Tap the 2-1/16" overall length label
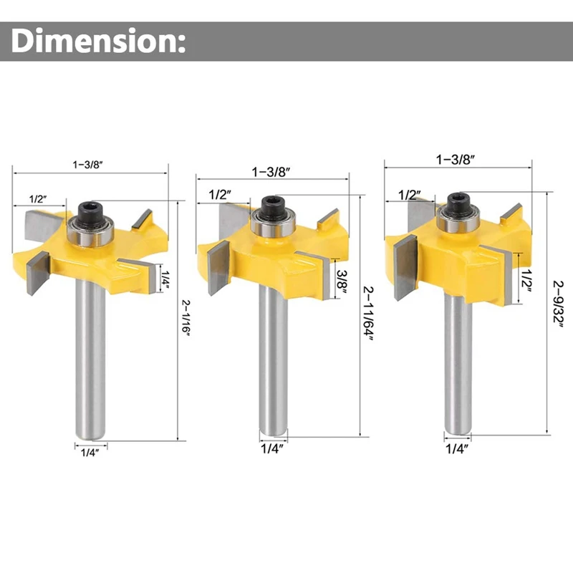186,318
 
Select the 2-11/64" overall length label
368,314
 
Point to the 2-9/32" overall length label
558,304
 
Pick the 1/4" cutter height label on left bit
165,280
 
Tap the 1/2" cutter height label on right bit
526,280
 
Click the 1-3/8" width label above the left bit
87,165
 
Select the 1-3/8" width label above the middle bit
271,172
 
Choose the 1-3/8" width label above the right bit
456,159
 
